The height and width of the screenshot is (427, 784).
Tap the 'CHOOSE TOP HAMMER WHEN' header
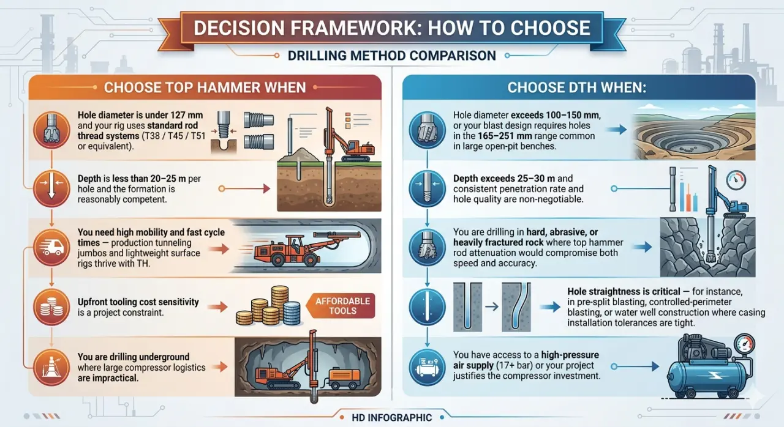click(x=205, y=87)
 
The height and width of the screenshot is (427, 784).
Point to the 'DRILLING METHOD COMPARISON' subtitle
click(x=392, y=56)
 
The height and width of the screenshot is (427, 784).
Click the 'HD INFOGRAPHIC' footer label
click(x=392, y=418)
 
